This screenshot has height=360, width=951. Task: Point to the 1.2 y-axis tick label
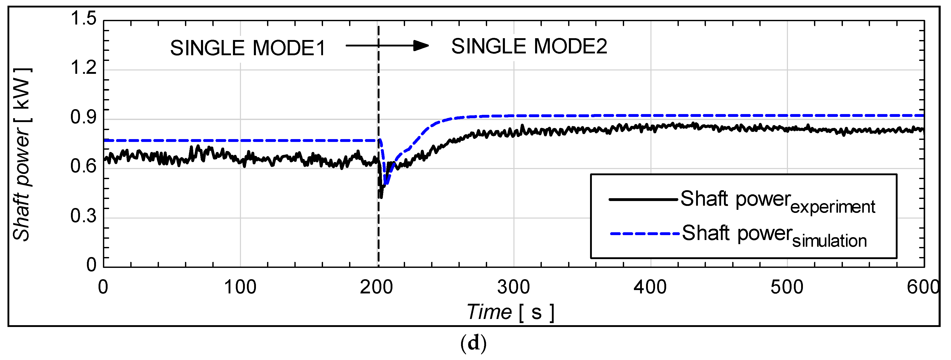pos(83,68)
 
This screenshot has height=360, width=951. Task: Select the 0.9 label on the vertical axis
pos(83,117)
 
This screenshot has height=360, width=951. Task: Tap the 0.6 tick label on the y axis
pos(83,166)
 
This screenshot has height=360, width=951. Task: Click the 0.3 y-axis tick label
pos(83,216)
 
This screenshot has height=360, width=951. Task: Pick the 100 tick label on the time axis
pos(240,287)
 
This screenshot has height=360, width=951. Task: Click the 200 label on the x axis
pos(377,287)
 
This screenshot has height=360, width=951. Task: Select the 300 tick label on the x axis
pos(513,287)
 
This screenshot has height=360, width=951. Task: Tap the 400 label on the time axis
pos(650,287)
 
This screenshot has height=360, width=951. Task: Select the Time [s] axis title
pos(510,312)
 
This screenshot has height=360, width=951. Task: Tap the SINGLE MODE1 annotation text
pos(248,48)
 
